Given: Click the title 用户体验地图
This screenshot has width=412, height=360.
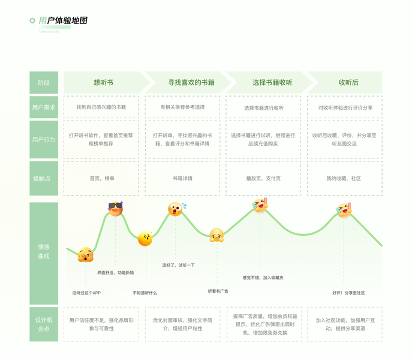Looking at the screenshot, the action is pos(64,20).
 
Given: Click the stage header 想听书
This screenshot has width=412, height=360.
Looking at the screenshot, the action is pos(103,82).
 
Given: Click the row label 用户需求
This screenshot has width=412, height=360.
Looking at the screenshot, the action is pos(44,107).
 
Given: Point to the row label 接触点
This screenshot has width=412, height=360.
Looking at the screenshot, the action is pos(44,178).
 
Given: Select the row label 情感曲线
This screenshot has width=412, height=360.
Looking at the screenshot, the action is pos(44,251).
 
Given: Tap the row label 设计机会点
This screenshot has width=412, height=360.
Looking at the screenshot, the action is pos(44,325).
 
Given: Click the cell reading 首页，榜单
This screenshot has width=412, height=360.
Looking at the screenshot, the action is pos(101,178).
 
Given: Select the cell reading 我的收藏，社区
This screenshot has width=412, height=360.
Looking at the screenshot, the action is pos(344,178).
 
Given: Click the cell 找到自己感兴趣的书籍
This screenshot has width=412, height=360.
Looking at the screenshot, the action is pos(101,107).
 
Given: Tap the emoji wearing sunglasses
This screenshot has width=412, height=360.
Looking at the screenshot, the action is pos(115,208).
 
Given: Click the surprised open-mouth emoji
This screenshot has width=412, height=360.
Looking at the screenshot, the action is pos(175,209).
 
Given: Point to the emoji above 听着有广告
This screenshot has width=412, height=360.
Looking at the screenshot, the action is pos(216,235).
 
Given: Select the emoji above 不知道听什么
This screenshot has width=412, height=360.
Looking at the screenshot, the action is pos(145,239).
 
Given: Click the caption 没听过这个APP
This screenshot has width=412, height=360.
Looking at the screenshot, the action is pos(86,293).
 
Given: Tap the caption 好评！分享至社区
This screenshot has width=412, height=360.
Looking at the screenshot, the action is pos(348,293).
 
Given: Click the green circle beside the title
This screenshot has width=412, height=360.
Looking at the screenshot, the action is pos(32,20).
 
